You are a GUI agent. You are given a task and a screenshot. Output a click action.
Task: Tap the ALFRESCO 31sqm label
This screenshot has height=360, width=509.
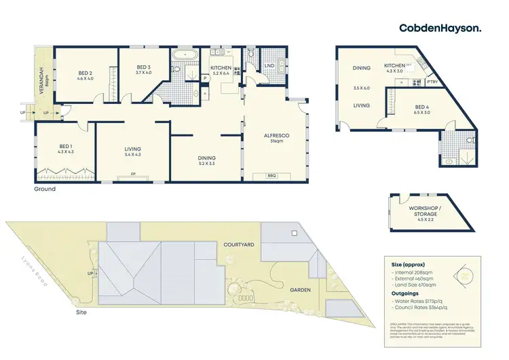(276, 139)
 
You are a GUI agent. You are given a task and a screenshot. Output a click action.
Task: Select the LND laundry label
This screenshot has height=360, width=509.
(269, 66)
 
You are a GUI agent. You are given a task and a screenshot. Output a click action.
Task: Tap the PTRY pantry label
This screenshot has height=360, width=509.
(432, 82)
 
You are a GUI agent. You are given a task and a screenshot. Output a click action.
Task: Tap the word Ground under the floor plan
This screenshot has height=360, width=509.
(45, 189)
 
